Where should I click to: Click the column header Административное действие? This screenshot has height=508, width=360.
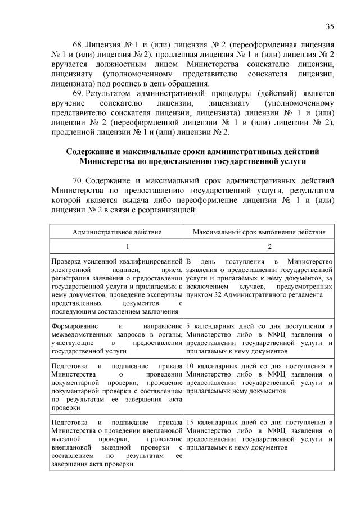(117, 232)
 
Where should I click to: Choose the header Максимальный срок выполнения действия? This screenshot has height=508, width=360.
(259, 232)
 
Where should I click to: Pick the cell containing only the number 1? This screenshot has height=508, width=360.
(117, 247)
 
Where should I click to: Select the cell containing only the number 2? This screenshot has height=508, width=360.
(259, 247)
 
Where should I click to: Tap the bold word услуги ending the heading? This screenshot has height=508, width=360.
(292, 162)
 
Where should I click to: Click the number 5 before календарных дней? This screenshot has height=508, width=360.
(188, 326)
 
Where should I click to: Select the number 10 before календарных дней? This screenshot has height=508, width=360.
(190, 366)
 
